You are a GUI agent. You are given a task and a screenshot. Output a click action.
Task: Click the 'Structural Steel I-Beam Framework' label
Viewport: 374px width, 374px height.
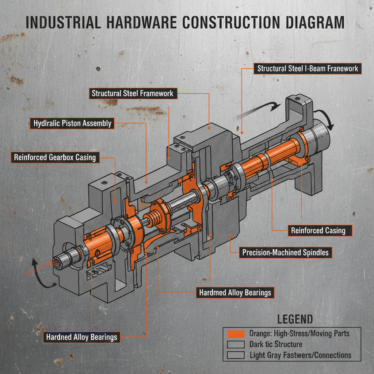(x=308, y=69)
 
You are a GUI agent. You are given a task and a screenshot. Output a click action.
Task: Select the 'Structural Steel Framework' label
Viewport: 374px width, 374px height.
(x=133, y=93)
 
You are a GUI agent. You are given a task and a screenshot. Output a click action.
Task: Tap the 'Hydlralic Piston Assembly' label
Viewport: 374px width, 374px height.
(x=72, y=123)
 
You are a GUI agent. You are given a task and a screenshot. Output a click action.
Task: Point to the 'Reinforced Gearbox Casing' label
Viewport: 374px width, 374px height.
(x=55, y=158)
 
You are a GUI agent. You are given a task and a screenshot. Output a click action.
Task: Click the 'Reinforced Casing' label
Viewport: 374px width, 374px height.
(x=318, y=230)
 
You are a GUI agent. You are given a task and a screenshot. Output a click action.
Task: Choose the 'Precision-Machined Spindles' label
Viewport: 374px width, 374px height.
(x=285, y=252)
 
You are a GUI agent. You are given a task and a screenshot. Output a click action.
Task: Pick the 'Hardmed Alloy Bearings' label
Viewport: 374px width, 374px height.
(x=235, y=293)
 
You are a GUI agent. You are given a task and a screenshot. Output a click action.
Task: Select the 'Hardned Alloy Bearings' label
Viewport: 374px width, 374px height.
(x=81, y=337)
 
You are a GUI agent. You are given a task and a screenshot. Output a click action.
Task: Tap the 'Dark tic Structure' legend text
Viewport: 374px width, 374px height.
(x=276, y=344)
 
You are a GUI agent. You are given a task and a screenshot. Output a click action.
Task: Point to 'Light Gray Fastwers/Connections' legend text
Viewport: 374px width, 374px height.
(x=300, y=355)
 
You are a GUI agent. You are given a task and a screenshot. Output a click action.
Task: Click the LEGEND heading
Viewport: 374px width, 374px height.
(x=295, y=319)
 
